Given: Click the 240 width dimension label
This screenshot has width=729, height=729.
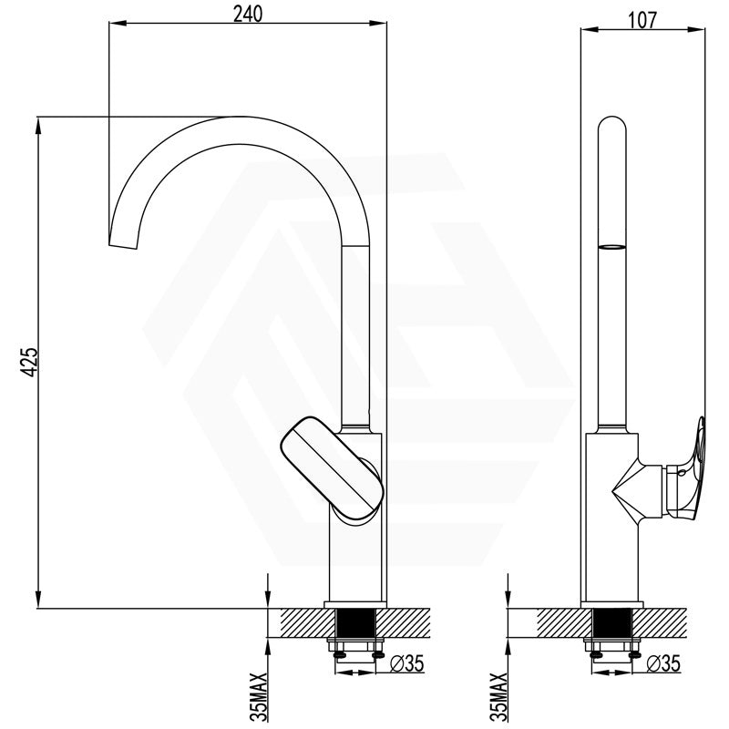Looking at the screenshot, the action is [248, 14].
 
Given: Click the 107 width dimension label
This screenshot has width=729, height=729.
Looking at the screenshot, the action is [643, 20].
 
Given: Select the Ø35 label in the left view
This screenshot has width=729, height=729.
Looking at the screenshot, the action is [407, 663].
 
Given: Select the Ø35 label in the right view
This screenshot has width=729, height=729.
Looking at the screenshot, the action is [663, 663].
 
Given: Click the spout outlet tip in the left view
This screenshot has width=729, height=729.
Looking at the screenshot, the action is [123, 245].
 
